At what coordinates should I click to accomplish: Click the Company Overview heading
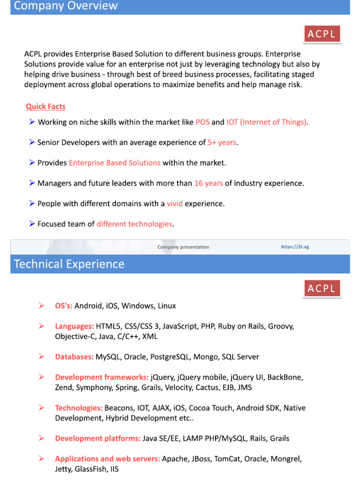(x=66, y=6)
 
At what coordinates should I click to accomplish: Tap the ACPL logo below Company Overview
(x=322, y=34)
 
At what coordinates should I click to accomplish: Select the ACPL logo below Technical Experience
(x=322, y=288)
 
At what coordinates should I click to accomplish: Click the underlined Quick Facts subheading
(x=45, y=106)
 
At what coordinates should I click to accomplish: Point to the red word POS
(x=202, y=122)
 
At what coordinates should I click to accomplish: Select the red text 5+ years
(x=222, y=142)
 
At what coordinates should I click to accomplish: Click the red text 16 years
(x=209, y=183)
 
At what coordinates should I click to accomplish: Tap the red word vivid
(x=174, y=204)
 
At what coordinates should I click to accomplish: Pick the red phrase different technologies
(x=135, y=224)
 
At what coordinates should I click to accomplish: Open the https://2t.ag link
(x=295, y=247)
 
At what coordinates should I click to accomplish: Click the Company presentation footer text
(x=183, y=247)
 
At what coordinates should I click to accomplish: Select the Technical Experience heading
(x=69, y=264)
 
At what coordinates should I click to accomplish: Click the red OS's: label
(x=64, y=306)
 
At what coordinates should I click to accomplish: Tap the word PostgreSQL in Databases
(x=170, y=357)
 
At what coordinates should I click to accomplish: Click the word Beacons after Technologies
(x=119, y=408)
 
